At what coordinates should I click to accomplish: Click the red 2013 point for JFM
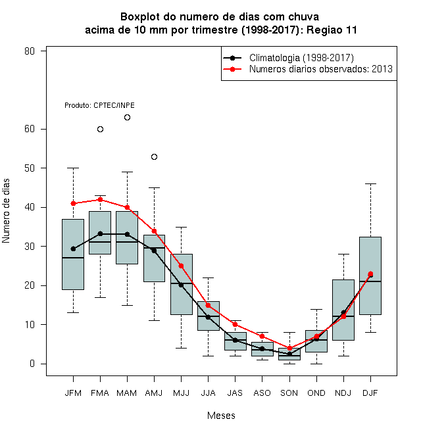point(73,203)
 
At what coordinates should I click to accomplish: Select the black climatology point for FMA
point(100,233)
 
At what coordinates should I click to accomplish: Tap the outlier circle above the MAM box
point(127,117)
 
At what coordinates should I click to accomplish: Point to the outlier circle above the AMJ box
point(155,157)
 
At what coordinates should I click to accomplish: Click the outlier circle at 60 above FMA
point(100,130)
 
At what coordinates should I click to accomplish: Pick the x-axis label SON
point(289,393)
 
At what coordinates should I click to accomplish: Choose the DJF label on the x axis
point(370,393)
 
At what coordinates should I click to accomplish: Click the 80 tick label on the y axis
point(30,51)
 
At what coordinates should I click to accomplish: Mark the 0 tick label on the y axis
point(32,364)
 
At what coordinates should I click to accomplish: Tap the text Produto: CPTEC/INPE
point(99,105)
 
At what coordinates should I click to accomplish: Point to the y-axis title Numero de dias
point(6,211)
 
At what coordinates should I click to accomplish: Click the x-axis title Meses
point(221,416)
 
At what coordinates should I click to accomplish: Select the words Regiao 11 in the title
point(332,30)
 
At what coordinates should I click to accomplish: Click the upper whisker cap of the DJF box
point(370,183)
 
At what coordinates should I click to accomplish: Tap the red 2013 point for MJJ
point(181,266)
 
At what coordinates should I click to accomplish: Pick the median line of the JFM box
point(73,258)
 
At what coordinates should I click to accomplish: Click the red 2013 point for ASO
point(262,336)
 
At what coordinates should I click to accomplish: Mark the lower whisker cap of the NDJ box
point(343,356)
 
